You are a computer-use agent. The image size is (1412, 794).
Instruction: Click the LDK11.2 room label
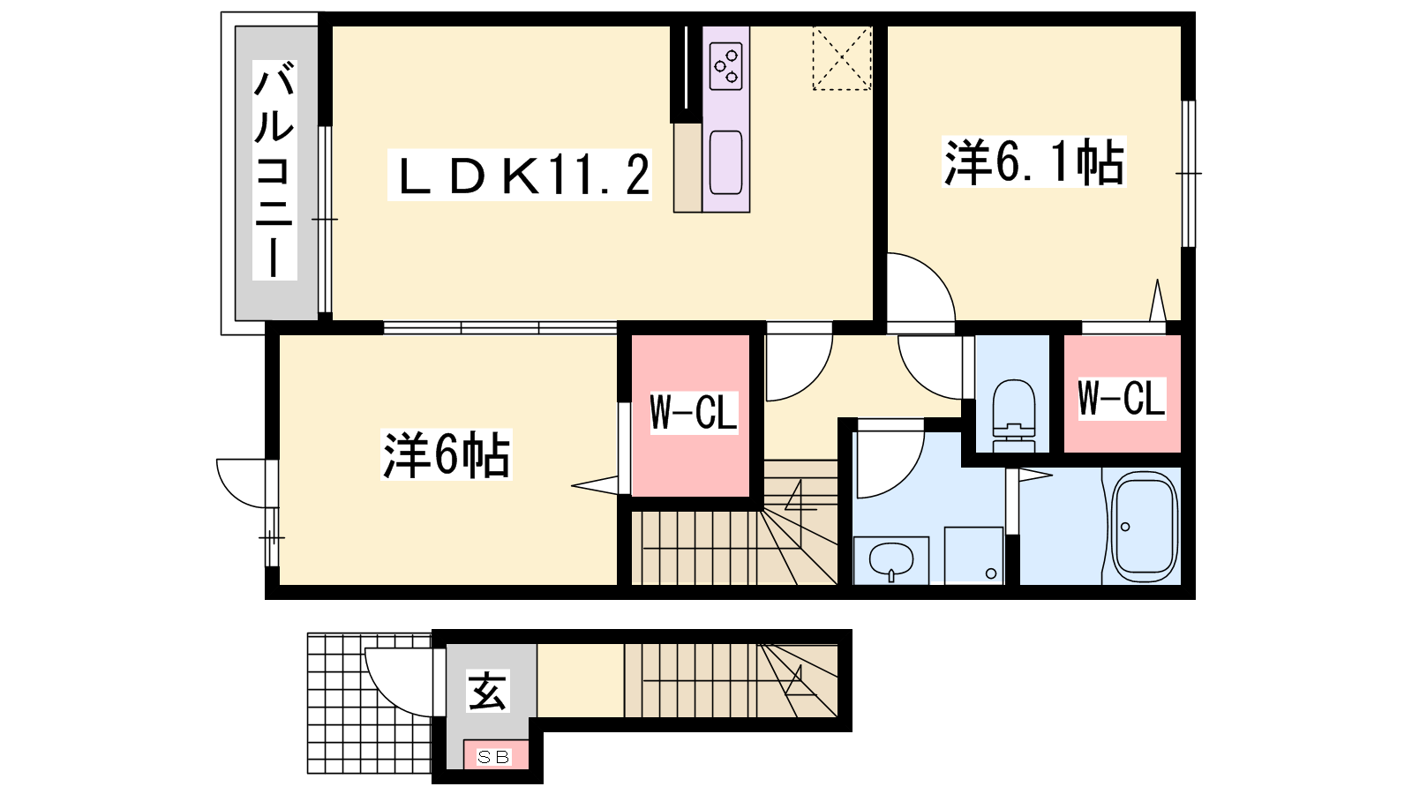click(x=520, y=175)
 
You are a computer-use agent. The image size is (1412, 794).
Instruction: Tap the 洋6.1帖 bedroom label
click(x=1033, y=162)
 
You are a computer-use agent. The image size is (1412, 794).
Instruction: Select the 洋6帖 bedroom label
click(x=447, y=454)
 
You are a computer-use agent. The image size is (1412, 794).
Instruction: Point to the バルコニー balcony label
click(x=274, y=170)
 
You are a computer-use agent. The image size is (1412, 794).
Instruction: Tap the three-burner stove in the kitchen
click(x=726, y=66)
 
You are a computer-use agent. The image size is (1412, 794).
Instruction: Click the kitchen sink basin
click(x=725, y=162)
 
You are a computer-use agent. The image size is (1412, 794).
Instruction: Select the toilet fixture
click(x=1014, y=416)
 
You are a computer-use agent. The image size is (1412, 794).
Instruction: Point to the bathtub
click(x=1144, y=528)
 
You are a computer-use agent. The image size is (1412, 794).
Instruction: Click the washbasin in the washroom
click(x=891, y=558)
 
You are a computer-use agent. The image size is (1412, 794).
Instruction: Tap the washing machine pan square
click(x=974, y=555)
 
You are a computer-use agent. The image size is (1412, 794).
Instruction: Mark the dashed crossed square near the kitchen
click(x=842, y=58)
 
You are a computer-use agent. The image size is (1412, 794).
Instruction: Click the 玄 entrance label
click(x=487, y=691)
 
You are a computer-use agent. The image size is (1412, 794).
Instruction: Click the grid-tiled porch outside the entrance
click(x=370, y=703)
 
